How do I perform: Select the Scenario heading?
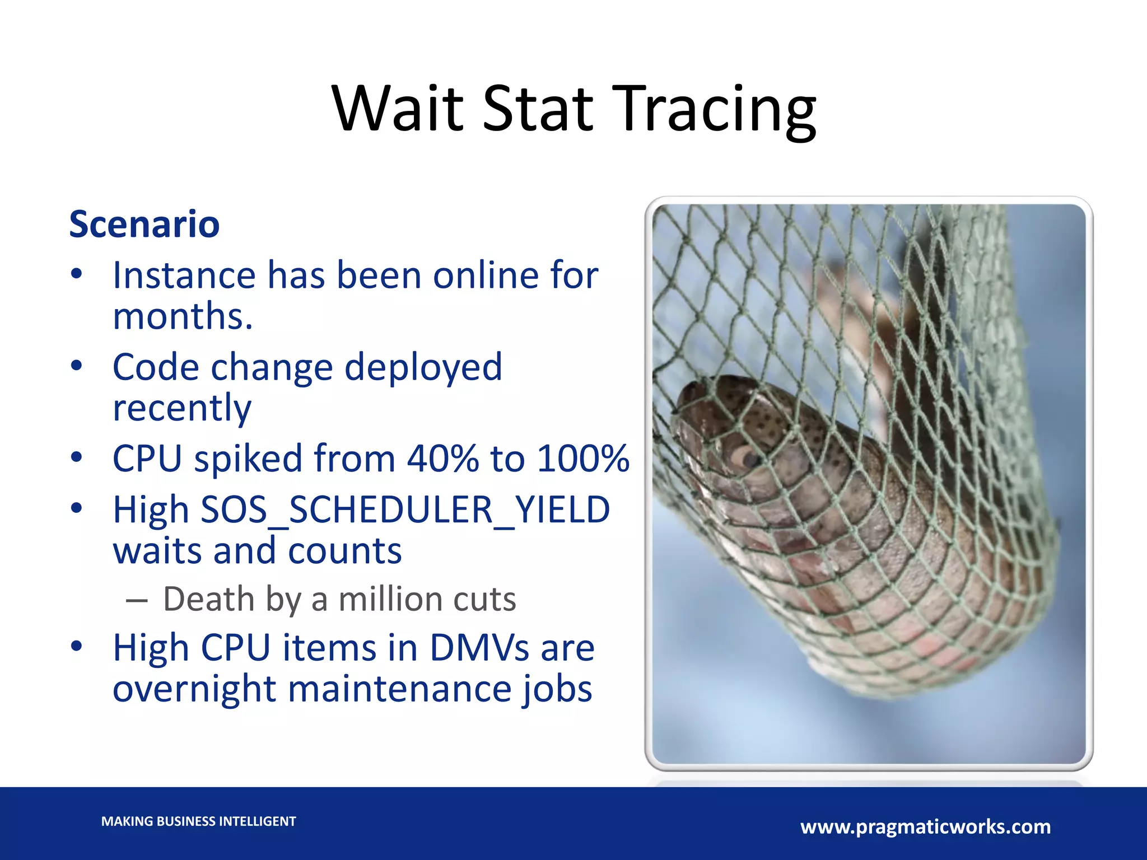[144, 224]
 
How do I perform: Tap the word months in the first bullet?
[181, 316]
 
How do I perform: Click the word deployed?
[423, 367]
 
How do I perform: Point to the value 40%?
[442, 459]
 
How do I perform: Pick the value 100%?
[582, 459]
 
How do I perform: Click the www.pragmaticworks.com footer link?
[925, 826]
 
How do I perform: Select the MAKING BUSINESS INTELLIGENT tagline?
[198, 821]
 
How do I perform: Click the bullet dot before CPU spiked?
[77, 457]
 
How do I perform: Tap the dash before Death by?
[137, 601]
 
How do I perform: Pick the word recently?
[181, 408]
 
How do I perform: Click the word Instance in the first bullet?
[184, 275]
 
